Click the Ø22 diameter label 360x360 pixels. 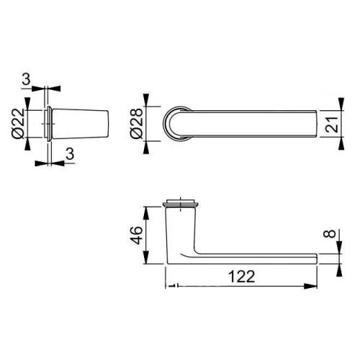tap(18, 123)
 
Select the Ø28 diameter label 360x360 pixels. tap(136, 123)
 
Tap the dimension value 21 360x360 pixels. tap(332, 125)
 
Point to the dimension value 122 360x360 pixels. tap(242, 276)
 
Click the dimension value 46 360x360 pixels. tap(138, 235)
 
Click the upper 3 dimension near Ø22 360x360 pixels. tap(26, 79)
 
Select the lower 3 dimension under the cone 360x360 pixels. tap(70, 153)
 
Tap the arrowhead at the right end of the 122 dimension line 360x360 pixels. tap(310, 286)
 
